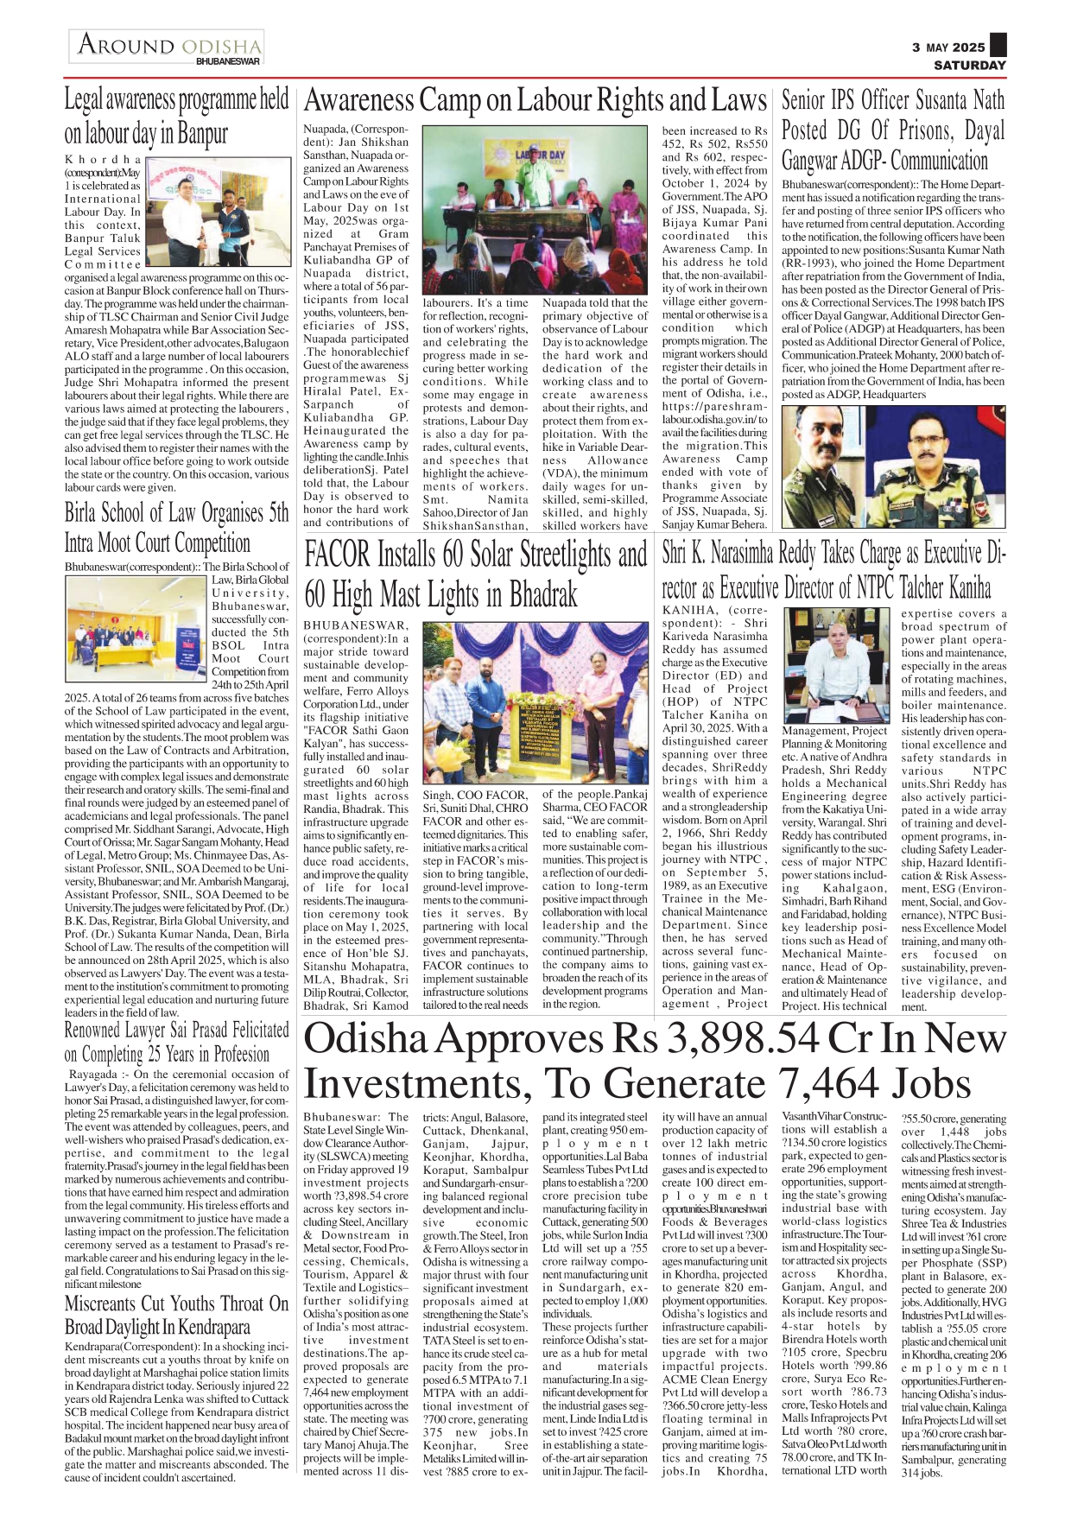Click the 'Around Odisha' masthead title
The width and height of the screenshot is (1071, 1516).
pos(169,45)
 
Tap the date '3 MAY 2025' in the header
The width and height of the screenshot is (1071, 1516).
pos(947,48)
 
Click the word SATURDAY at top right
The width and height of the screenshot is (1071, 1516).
pos(969,65)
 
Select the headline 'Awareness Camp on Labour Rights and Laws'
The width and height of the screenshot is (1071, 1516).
pos(535,101)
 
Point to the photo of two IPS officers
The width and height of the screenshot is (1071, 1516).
pos(893,466)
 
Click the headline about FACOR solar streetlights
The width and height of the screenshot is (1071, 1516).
pos(475,574)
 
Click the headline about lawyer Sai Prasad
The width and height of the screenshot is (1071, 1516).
pos(176,1042)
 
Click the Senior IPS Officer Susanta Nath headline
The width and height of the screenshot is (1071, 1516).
pos(893,130)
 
